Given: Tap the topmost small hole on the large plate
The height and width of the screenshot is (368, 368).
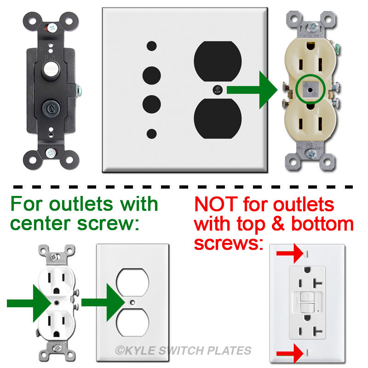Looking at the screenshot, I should coord(151,46).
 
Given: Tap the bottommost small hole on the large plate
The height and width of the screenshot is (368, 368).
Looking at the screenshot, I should coord(151,134).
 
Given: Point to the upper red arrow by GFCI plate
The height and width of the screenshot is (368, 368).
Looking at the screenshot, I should coord(287,253).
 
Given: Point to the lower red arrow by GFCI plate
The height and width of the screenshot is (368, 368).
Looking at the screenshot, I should coord(287,353).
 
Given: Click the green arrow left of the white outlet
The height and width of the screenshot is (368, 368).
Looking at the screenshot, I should coord(29,302).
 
